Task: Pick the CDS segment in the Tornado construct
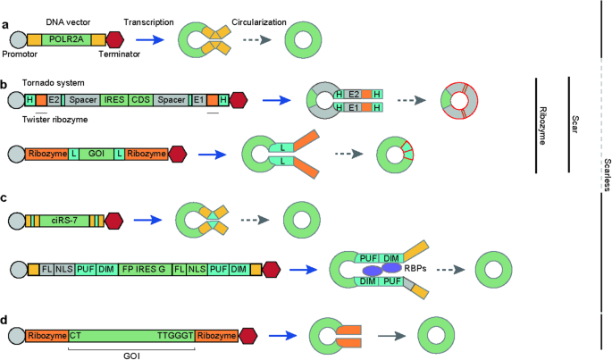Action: [x=141, y=101]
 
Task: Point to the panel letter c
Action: [x=5, y=198]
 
